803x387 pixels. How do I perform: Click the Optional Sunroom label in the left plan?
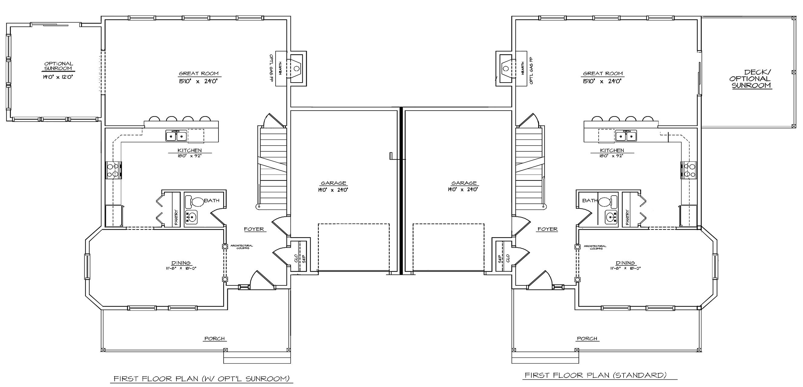point(58,66)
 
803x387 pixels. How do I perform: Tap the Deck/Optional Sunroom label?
point(752,79)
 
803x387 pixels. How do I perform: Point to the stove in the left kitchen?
point(113,170)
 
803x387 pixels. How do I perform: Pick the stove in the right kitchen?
point(689,170)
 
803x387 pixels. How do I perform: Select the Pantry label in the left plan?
point(176,217)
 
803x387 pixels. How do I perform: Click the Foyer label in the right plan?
point(547,229)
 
